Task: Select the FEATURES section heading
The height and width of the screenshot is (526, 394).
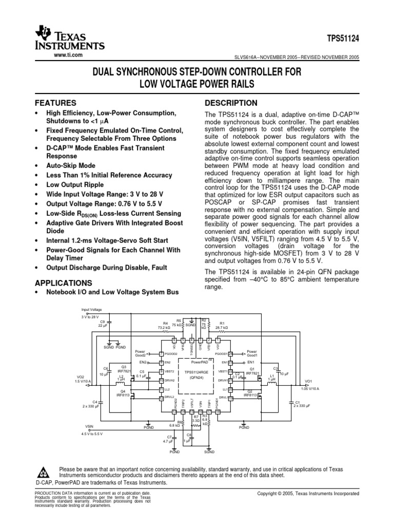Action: pyautogui.click(x=55, y=103)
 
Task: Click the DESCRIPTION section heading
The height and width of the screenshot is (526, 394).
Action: pyautogui.click(x=231, y=103)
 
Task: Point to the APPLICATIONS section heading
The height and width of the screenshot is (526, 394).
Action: pyautogui.click(x=63, y=283)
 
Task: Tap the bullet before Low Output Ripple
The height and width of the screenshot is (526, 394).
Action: pyautogui.click(x=35, y=184)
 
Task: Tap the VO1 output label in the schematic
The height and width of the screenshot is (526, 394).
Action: pyautogui.click(x=308, y=381)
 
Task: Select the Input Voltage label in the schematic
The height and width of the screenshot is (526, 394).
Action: pyautogui.click(x=92, y=309)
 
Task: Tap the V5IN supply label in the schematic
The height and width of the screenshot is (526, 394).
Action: pyautogui.click(x=89, y=426)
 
